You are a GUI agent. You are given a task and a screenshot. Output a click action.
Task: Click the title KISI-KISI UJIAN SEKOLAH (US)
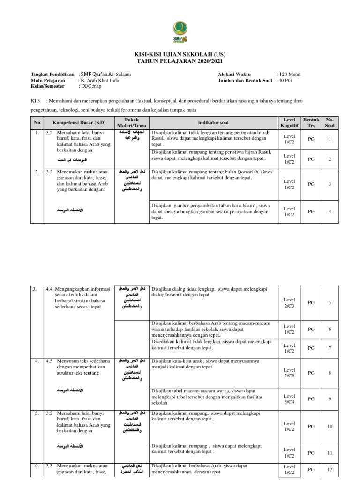click(x=180, y=55)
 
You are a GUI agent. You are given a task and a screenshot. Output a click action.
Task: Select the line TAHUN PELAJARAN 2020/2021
click(x=180, y=61)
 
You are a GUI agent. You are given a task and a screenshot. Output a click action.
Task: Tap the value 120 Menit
click(x=289, y=74)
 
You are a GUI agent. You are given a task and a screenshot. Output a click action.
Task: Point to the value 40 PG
click(x=285, y=81)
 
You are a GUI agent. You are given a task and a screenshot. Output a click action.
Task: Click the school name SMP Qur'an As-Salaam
click(x=105, y=74)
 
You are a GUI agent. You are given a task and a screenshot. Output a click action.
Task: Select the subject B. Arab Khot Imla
click(x=101, y=81)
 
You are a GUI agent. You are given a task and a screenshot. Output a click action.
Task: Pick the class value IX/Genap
click(x=93, y=87)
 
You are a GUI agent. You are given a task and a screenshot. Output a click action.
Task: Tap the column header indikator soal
click(x=213, y=123)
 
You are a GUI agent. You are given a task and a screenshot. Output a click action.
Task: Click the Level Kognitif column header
click(x=289, y=123)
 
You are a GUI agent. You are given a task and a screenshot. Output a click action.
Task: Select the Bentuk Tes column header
click(x=311, y=123)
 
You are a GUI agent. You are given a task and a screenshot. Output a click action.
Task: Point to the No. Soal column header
click(x=330, y=123)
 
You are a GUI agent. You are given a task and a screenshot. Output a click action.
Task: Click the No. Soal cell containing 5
click(x=330, y=303)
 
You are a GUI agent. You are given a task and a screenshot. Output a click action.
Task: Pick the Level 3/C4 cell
click(x=289, y=399)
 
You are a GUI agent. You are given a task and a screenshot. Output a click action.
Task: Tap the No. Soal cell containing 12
click(x=330, y=470)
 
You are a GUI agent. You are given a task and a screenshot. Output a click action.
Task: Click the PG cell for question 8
click(x=311, y=373)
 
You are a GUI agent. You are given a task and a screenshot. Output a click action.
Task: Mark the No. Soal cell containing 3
click(x=330, y=184)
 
